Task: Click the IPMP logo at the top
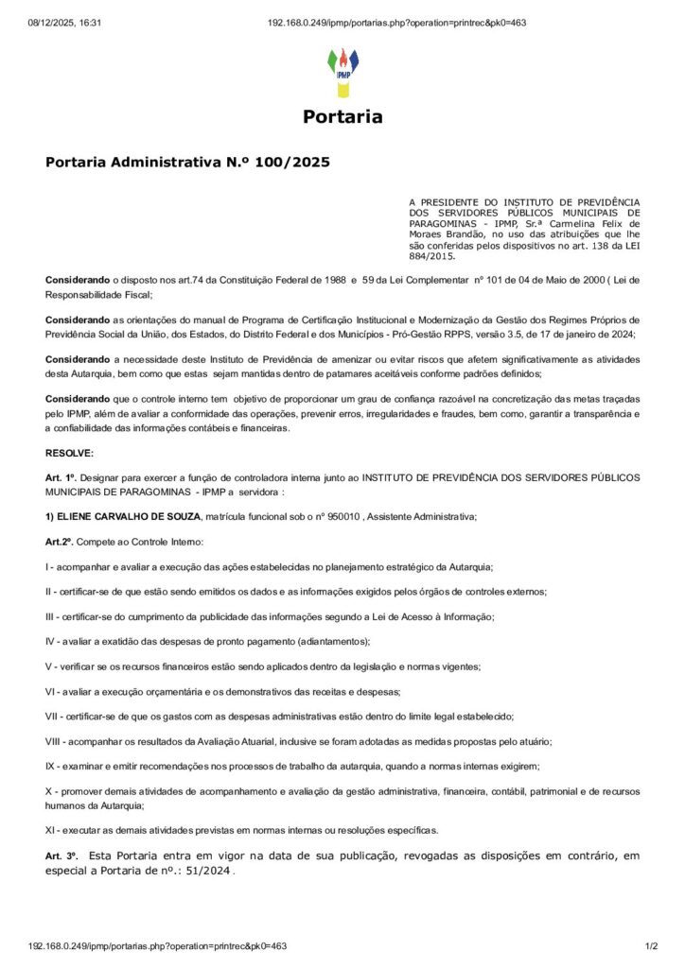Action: (342, 72)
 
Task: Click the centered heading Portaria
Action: (342, 117)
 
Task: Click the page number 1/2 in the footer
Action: (650, 945)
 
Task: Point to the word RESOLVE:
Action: (70, 453)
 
